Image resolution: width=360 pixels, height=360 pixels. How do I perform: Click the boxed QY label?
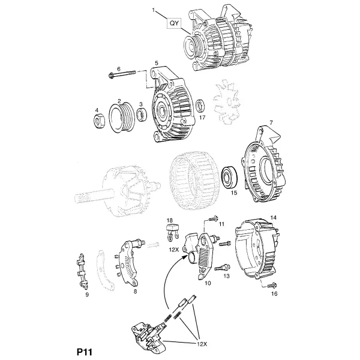click(x=174, y=23)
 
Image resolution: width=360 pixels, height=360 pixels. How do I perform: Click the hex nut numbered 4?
click(x=100, y=121)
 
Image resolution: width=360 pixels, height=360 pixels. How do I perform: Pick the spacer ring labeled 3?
click(x=142, y=115)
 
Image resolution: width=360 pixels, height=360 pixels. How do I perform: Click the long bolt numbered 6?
click(x=122, y=74)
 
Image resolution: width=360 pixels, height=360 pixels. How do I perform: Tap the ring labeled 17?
click(x=201, y=105)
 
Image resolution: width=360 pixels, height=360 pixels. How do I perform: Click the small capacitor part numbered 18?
click(x=172, y=231)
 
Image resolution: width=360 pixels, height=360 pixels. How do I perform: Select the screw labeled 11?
click(x=214, y=218)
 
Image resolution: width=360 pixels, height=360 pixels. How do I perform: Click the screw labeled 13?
click(x=222, y=268)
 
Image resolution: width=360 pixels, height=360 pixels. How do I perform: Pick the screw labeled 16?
click(x=272, y=286)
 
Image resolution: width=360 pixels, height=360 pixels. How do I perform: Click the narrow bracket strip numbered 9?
click(x=82, y=271)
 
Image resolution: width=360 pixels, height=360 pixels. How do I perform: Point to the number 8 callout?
click(x=135, y=292)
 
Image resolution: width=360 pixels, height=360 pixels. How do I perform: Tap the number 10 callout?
click(x=208, y=283)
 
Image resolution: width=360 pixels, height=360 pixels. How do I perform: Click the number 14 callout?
click(x=274, y=217)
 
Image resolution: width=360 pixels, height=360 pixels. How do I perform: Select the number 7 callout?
click(x=271, y=122)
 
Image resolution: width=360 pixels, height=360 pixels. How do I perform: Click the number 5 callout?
click(x=157, y=62)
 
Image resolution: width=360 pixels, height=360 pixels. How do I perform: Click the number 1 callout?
click(x=154, y=10)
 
